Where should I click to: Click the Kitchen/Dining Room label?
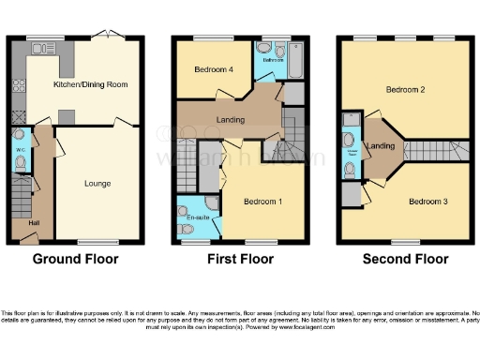click(91, 84)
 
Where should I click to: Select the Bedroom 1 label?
click(262, 201)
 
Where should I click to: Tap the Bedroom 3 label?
click(427, 201)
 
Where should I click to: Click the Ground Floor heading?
click(74, 258)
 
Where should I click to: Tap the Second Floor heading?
click(405, 258)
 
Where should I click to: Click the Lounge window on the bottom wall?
click(94, 243)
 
